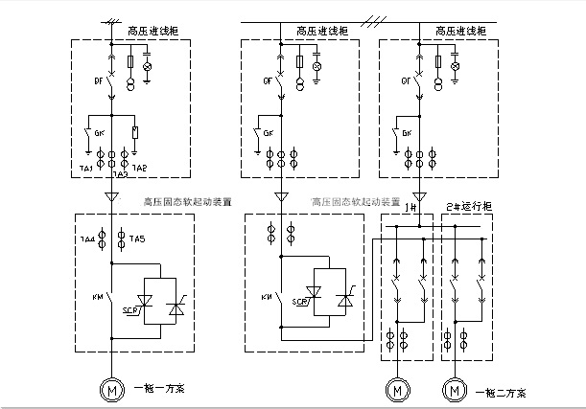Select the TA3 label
[x=119, y=174]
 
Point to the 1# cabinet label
[x=412, y=207]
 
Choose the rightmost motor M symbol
[x=452, y=390]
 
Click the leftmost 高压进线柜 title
[x=148, y=32]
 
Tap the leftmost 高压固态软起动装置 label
[x=187, y=201]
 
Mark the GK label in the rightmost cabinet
[x=407, y=132]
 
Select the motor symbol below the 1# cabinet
[x=394, y=390]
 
